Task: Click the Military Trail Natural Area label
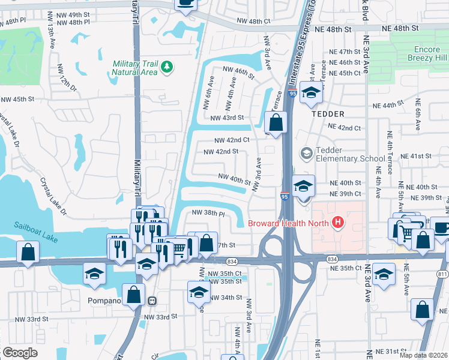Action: point(134,68)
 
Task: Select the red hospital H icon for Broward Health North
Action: point(338,223)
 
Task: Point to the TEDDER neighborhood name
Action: point(328,113)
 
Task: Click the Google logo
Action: point(20,352)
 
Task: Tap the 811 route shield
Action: point(444,274)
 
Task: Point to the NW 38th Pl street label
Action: point(208,213)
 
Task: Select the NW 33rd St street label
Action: point(160,317)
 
